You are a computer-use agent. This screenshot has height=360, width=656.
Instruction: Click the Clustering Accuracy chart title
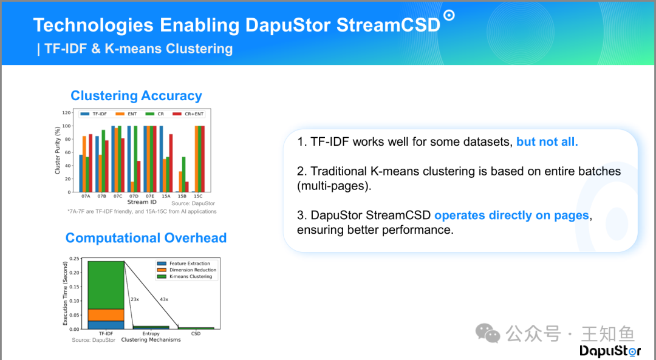137,96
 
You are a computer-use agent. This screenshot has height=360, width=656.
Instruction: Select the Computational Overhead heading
146,238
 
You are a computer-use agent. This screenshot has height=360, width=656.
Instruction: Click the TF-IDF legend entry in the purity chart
94,114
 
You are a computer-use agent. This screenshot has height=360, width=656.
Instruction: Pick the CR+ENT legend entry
188,114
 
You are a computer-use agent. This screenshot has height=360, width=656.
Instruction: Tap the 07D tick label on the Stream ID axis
134,196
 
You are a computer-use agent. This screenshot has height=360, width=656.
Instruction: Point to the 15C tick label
198,196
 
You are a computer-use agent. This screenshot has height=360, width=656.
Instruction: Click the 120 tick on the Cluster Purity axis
67,113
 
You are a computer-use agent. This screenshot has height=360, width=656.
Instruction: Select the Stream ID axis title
142,202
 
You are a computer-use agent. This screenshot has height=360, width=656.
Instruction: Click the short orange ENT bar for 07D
132,187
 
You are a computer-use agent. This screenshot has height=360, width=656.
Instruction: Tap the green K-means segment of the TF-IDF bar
106,285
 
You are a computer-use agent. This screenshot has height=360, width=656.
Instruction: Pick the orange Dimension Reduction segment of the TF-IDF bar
106,315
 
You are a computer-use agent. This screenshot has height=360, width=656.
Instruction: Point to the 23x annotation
135,299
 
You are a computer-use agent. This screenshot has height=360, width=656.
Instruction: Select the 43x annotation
164,299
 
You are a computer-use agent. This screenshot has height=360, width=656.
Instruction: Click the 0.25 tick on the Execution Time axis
74,259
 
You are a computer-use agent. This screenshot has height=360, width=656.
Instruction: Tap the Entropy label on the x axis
151,334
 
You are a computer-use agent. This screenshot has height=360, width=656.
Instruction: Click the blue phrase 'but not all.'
547,141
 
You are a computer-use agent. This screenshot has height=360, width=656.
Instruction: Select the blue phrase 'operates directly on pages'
511,216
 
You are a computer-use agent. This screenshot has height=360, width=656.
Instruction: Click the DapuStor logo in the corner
610,351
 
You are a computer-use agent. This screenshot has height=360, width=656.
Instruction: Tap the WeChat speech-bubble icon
488,333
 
